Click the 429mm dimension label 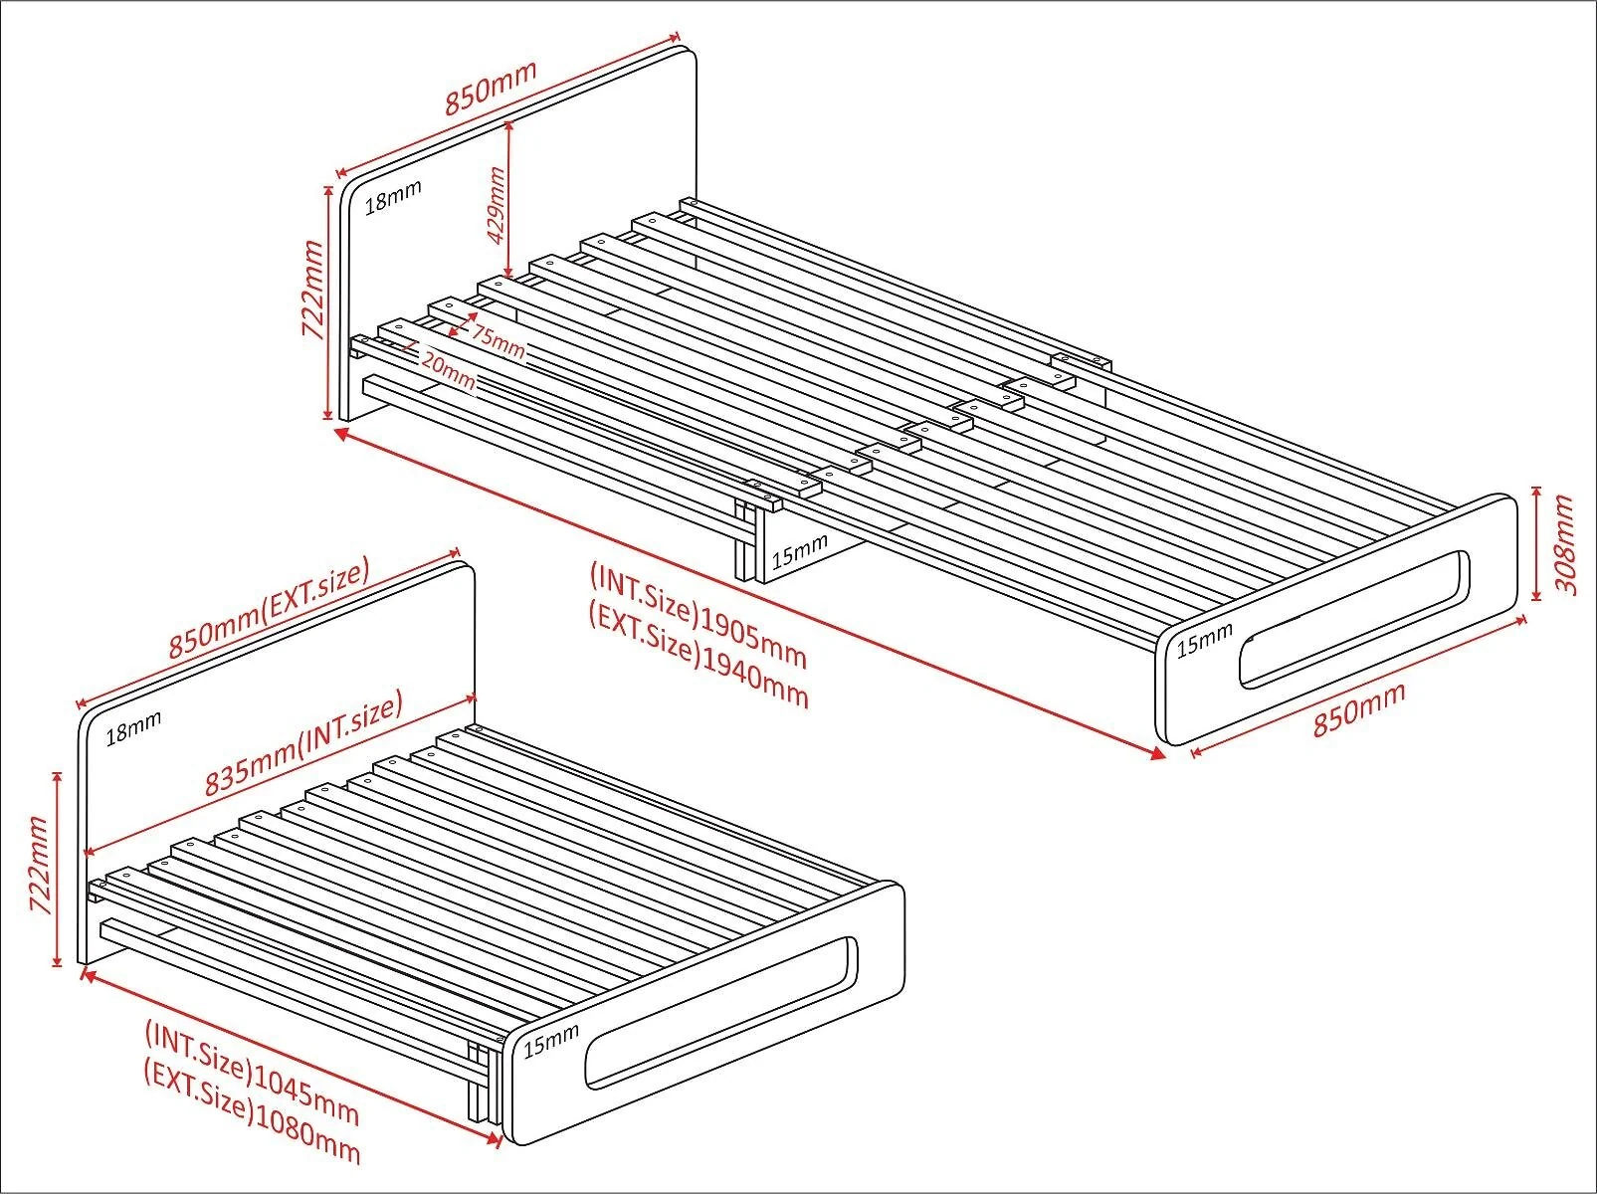pyautogui.click(x=496, y=205)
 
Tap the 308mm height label pyautogui.click(x=1564, y=544)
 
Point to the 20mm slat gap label pyautogui.click(x=448, y=370)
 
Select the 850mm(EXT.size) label pyautogui.click(x=270, y=608)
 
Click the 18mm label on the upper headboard pyautogui.click(x=393, y=197)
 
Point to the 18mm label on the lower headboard pyautogui.click(x=133, y=728)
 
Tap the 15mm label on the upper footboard pyautogui.click(x=1205, y=640)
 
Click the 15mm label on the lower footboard pyautogui.click(x=551, y=1039)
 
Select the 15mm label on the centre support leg pyautogui.click(x=800, y=551)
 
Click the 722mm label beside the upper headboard pyautogui.click(x=312, y=290)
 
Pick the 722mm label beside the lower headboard pyautogui.click(x=38, y=865)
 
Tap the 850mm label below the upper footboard pyautogui.click(x=1359, y=709)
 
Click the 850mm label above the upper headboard pyautogui.click(x=491, y=88)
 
